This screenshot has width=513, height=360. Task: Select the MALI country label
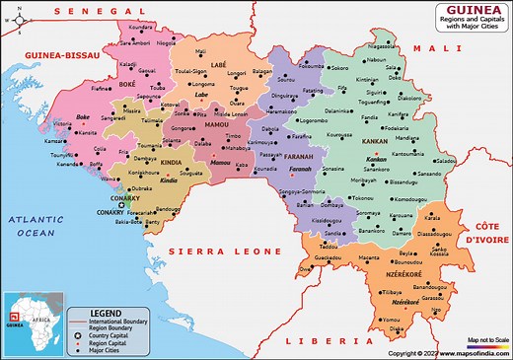point(429,47)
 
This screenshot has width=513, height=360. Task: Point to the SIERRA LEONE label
point(213,252)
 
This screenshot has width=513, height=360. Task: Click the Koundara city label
point(141,28)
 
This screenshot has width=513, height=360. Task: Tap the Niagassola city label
point(382,45)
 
